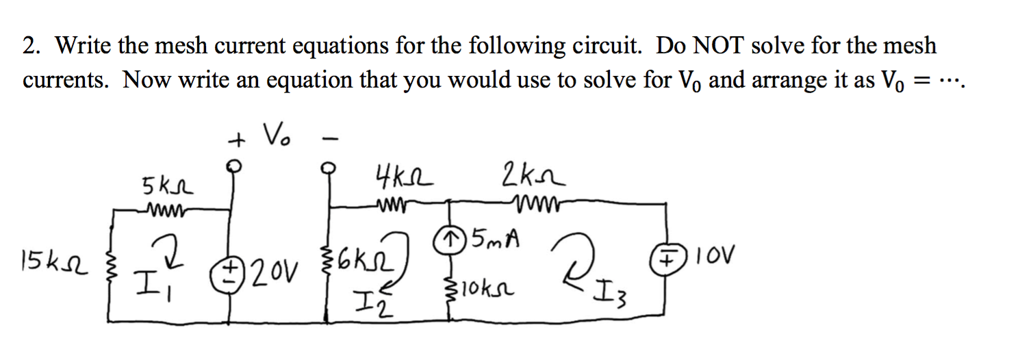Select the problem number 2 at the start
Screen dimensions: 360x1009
(x=29, y=47)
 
